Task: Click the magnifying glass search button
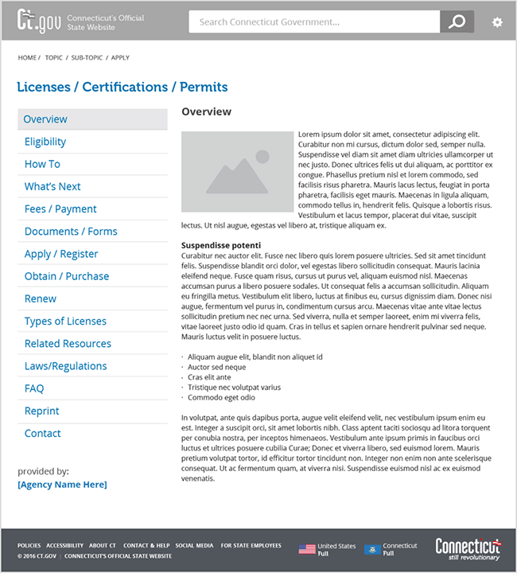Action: pyautogui.click(x=457, y=22)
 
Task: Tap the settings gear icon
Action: pyautogui.click(x=497, y=22)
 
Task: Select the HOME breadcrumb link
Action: pyautogui.click(x=27, y=58)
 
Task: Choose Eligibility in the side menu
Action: pyautogui.click(x=45, y=142)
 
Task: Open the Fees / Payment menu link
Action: pyautogui.click(x=60, y=209)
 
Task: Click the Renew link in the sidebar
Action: pyautogui.click(x=41, y=298)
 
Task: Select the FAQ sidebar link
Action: pyautogui.click(x=34, y=388)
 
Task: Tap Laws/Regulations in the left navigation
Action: pyautogui.click(x=65, y=366)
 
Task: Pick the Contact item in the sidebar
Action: pyautogui.click(x=42, y=433)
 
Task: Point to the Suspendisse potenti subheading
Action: pyautogui.click(x=221, y=245)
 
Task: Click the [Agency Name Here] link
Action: pyautogui.click(x=62, y=485)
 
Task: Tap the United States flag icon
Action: pyautogui.click(x=307, y=549)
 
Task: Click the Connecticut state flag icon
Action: pyautogui.click(x=372, y=549)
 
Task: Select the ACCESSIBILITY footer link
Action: pyautogui.click(x=64, y=546)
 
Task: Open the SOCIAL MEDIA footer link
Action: pyautogui.click(x=194, y=546)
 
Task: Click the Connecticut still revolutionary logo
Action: pyautogui.click(x=468, y=549)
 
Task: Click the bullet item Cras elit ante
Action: pyautogui.click(x=209, y=377)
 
